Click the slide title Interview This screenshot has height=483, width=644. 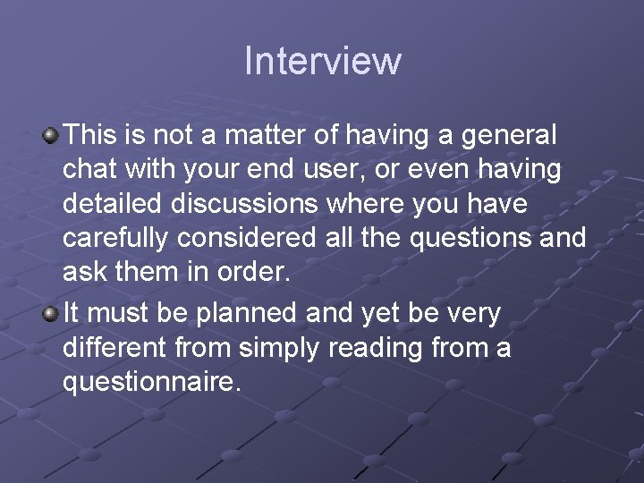point(322,62)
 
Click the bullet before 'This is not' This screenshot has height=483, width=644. point(51,137)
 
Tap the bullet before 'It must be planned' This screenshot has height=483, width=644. point(51,313)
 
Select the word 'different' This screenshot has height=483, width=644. point(117,348)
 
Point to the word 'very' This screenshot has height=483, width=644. point(475,314)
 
